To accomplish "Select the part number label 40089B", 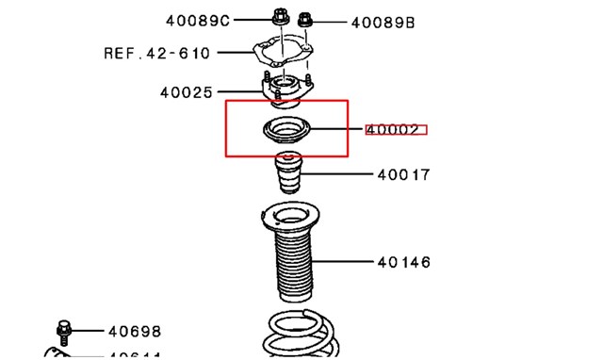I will [x=382, y=22].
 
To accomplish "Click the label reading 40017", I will [x=403, y=174].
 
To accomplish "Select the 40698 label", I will [x=134, y=331].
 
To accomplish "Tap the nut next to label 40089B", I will [x=306, y=19].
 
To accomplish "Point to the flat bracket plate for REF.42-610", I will [x=284, y=53].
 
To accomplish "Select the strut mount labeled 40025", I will [x=285, y=90].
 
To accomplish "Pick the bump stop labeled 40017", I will [x=286, y=178].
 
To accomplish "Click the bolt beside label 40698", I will [x=63, y=330].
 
